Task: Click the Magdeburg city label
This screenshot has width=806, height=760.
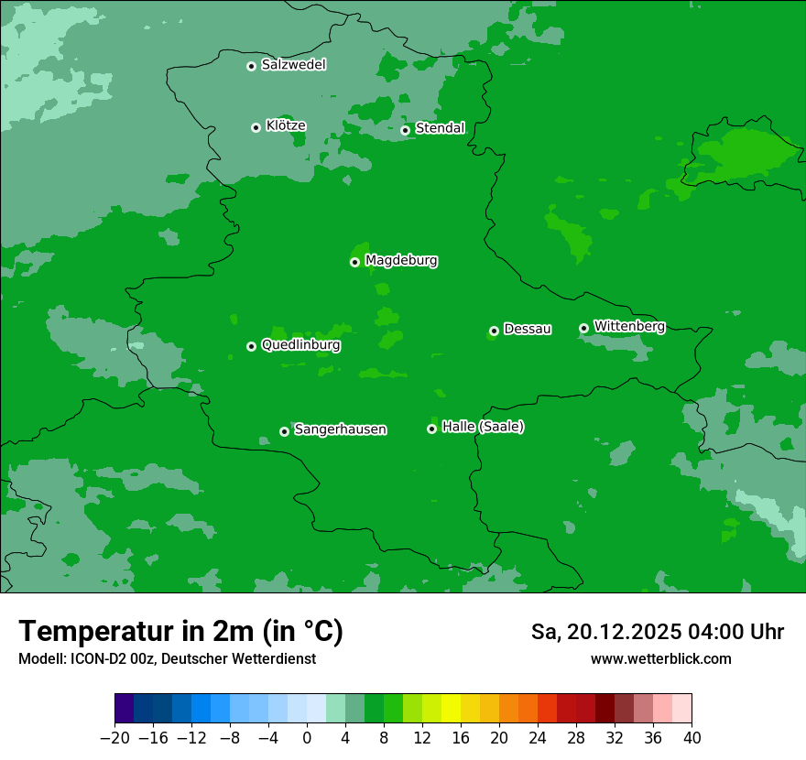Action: (x=401, y=261)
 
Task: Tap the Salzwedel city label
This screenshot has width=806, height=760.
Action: (x=293, y=65)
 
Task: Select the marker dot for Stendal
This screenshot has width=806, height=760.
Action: (x=405, y=130)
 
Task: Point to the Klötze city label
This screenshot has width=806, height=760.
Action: (x=286, y=126)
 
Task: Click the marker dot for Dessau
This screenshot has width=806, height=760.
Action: (x=494, y=331)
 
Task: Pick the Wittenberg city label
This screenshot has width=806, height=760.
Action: (x=629, y=327)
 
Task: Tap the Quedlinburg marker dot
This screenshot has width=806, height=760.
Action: (x=251, y=346)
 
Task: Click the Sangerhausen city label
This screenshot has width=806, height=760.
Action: (x=340, y=429)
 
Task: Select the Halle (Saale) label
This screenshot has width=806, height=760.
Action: (x=483, y=427)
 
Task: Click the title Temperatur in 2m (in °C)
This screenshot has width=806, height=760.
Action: (x=180, y=632)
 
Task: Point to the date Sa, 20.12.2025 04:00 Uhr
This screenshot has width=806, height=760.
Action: (x=657, y=632)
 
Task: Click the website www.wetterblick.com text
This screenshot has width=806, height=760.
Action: (x=660, y=659)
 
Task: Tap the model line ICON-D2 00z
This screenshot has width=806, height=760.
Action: (x=167, y=659)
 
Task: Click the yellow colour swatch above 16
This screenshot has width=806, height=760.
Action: (x=451, y=709)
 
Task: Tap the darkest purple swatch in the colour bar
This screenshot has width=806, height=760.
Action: (x=125, y=709)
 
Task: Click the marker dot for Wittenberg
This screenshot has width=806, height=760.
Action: (x=583, y=328)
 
